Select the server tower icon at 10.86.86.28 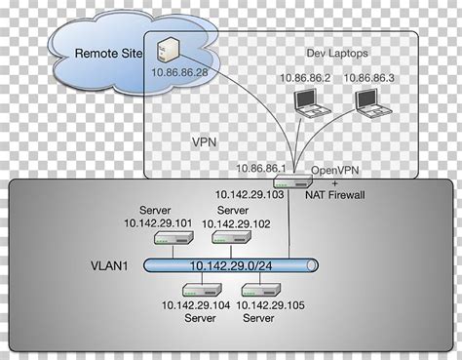[168, 48]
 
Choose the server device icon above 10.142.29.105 [258, 290]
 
